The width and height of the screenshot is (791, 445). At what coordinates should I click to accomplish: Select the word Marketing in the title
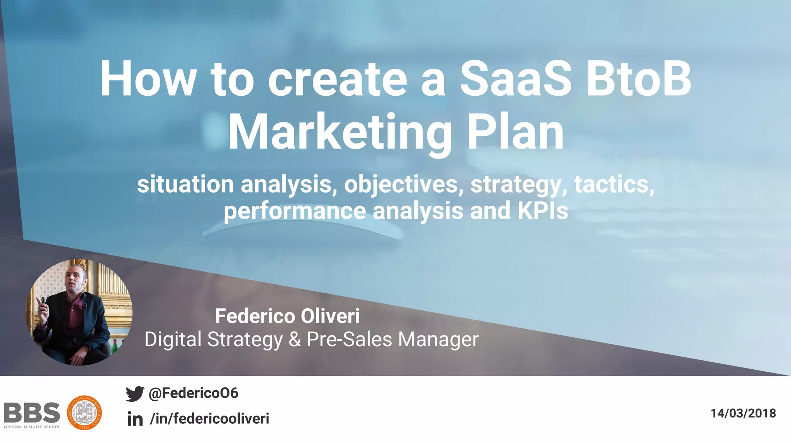pyautogui.click(x=340, y=132)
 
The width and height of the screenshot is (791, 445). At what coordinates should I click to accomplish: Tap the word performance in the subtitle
pyautogui.click(x=295, y=211)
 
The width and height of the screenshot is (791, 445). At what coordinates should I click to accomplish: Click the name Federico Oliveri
pyautogui.click(x=287, y=316)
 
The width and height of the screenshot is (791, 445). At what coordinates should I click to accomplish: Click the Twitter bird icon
pyautogui.click(x=135, y=394)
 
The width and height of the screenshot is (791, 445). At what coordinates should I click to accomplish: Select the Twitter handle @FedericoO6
pyautogui.click(x=194, y=393)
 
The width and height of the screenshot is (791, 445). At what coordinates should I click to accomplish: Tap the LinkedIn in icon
pyautogui.click(x=135, y=419)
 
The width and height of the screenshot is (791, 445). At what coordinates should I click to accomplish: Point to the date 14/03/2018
pyautogui.click(x=743, y=413)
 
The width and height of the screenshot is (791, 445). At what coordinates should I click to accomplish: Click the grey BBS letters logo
pyautogui.click(x=32, y=413)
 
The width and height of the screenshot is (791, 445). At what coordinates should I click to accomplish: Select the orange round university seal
pyautogui.click(x=84, y=413)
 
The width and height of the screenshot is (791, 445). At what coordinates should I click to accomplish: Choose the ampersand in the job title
pyautogui.click(x=295, y=340)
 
